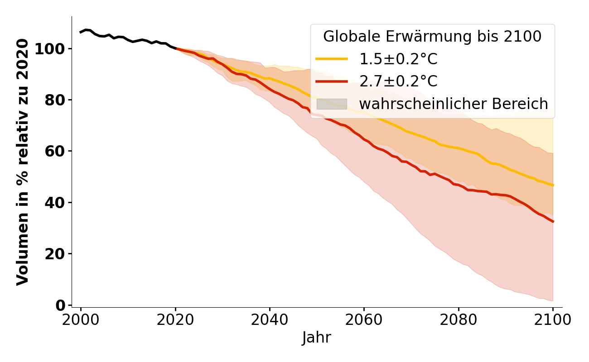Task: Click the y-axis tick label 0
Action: click(x=60, y=305)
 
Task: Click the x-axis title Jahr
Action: click(x=316, y=338)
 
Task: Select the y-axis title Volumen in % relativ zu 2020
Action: click(x=23, y=162)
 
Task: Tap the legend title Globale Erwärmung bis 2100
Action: click(x=432, y=37)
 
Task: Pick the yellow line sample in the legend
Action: click(x=332, y=59)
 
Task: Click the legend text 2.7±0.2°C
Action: click(x=398, y=81)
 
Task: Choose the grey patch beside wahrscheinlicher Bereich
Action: click(x=332, y=104)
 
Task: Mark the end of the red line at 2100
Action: click(x=553, y=222)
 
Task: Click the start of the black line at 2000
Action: click(x=81, y=32)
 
